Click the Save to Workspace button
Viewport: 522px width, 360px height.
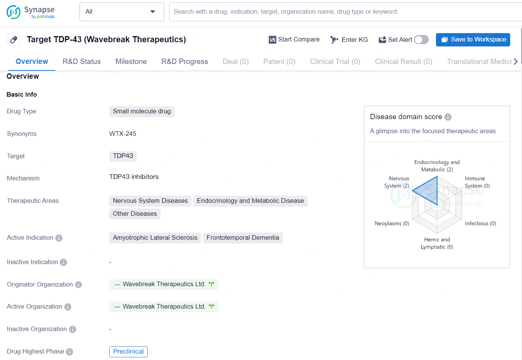(473, 40)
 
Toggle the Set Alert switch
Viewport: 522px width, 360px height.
(421, 40)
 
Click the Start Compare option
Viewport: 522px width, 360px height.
(294, 40)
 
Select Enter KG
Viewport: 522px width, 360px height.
(349, 40)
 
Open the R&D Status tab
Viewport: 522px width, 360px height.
(81, 62)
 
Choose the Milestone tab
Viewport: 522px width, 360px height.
(131, 62)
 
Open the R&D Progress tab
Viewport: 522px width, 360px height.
(185, 62)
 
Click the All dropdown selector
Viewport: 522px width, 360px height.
(121, 12)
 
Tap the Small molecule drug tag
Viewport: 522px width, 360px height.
(142, 111)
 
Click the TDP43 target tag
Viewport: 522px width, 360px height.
(123, 156)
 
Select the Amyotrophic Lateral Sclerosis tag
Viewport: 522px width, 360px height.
(155, 238)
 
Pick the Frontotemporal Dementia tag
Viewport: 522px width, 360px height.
(243, 238)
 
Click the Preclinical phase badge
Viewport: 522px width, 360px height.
(128, 351)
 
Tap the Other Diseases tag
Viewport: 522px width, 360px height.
(135, 213)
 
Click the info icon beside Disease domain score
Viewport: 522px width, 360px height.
(448, 117)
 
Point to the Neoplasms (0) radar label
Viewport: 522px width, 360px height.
(392, 223)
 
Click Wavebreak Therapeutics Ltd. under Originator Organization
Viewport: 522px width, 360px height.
(164, 284)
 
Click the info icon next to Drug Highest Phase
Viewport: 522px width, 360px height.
(69, 352)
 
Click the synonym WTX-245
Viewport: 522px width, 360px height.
(123, 134)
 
